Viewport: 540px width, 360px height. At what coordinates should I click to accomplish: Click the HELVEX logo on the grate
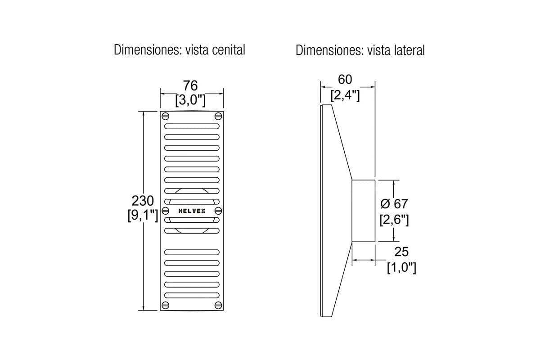[x=192, y=211]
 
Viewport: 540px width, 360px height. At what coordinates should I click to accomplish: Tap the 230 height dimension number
[x=143, y=201]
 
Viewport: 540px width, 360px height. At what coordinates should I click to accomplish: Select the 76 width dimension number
[x=190, y=85]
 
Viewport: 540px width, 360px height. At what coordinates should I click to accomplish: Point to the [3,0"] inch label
[x=190, y=100]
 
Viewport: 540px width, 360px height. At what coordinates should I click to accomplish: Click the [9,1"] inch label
[x=143, y=215]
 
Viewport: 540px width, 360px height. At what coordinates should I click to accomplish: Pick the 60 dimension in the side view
[x=345, y=79]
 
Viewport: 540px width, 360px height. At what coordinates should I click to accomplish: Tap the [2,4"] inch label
[x=345, y=95]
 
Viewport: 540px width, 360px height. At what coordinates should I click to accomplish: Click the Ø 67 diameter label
[x=394, y=204]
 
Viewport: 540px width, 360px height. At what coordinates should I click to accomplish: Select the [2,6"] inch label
[x=394, y=220]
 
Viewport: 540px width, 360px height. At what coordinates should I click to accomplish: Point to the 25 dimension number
[x=401, y=252]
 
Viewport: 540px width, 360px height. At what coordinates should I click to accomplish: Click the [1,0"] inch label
[x=401, y=267]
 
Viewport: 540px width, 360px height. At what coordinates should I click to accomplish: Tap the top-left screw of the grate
[x=166, y=116]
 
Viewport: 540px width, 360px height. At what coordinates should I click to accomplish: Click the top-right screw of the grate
[x=218, y=116]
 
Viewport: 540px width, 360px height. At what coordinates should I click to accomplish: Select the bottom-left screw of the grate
[x=166, y=305]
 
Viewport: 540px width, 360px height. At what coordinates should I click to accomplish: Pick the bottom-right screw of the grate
[x=218, y=305]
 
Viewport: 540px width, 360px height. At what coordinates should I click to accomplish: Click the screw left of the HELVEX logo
[x=166, y=211]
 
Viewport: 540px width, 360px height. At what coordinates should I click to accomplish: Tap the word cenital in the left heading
[x=229, y=50]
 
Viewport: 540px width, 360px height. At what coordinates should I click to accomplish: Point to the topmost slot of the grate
[x=192, y=126]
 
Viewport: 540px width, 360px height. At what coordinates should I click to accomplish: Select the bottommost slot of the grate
[x=192, y=295]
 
